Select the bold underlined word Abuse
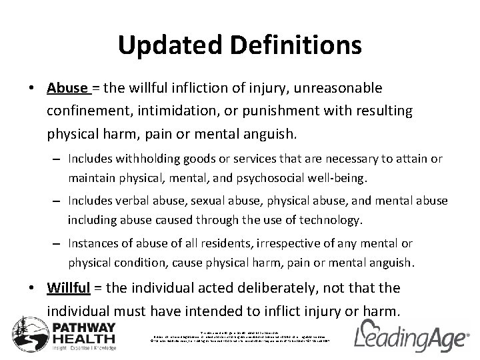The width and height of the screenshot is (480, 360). [67, 88]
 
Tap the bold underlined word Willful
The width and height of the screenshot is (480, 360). [71, 288]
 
